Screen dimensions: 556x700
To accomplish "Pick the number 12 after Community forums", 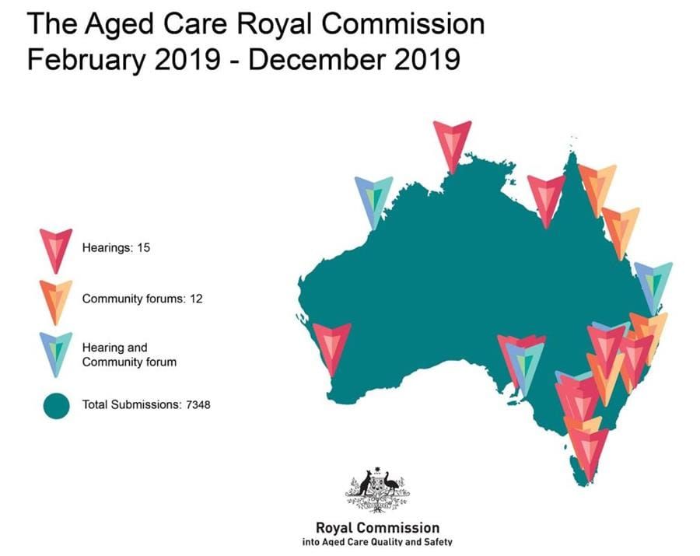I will tap(194, 299).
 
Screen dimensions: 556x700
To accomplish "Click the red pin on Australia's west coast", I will tap(332, 346).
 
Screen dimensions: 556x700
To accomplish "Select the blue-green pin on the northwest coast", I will tap(373, 199).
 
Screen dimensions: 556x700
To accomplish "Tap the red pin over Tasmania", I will tap(588, 451).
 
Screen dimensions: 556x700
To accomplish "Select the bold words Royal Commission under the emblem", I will tap(377, 527).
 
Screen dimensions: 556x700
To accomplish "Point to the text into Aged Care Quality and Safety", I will tap(377, 542).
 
